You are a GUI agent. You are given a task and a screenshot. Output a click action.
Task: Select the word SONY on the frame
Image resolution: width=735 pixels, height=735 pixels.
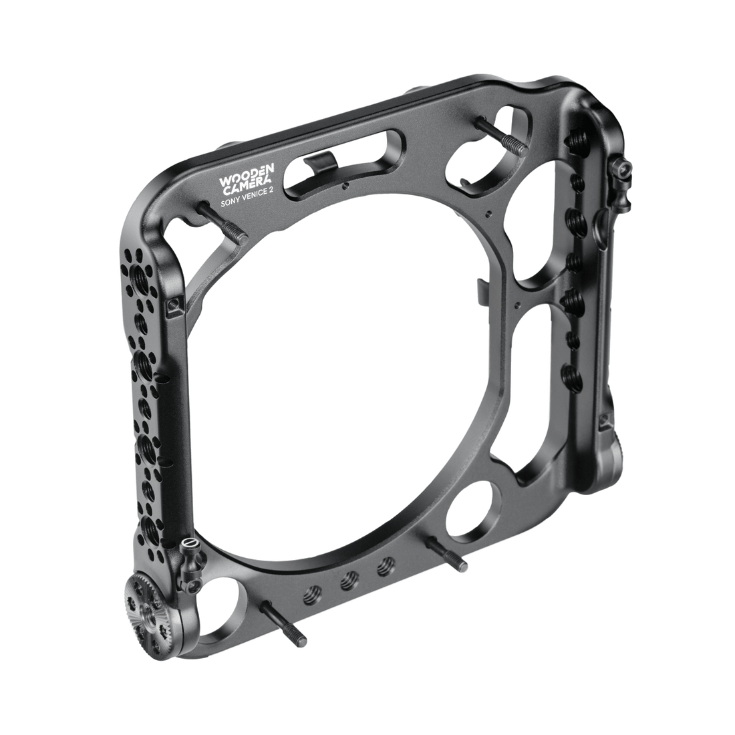231,201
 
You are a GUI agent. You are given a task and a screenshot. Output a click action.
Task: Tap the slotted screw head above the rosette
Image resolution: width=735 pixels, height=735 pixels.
190,544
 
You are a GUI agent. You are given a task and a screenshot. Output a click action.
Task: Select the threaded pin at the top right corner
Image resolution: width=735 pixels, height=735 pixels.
502,133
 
